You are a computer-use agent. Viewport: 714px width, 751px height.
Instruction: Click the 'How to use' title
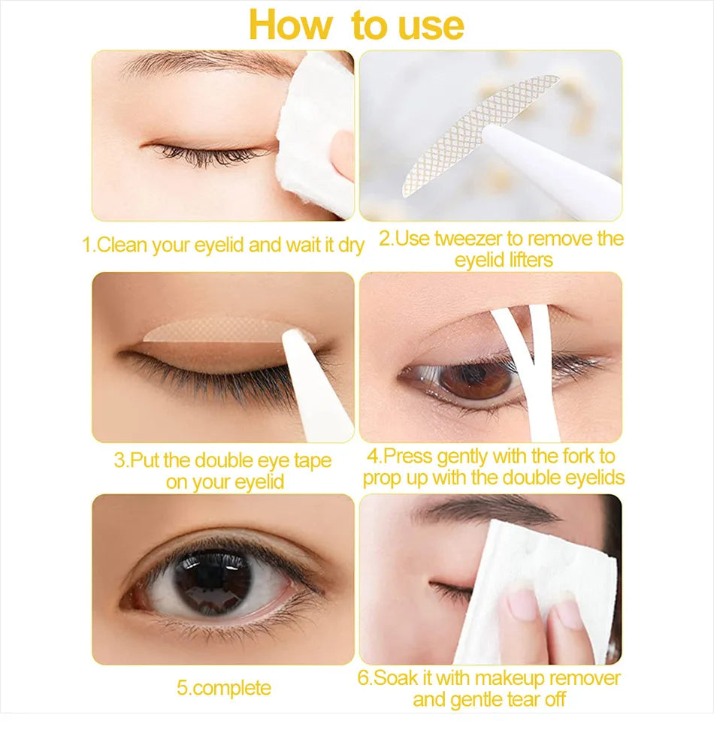pos(356,26)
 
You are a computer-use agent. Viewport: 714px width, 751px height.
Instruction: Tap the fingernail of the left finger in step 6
pos(523,605)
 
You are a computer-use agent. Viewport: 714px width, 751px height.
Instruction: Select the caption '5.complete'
pos(224,688)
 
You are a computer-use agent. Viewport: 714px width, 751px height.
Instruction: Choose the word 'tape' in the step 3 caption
pos(309,460)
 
